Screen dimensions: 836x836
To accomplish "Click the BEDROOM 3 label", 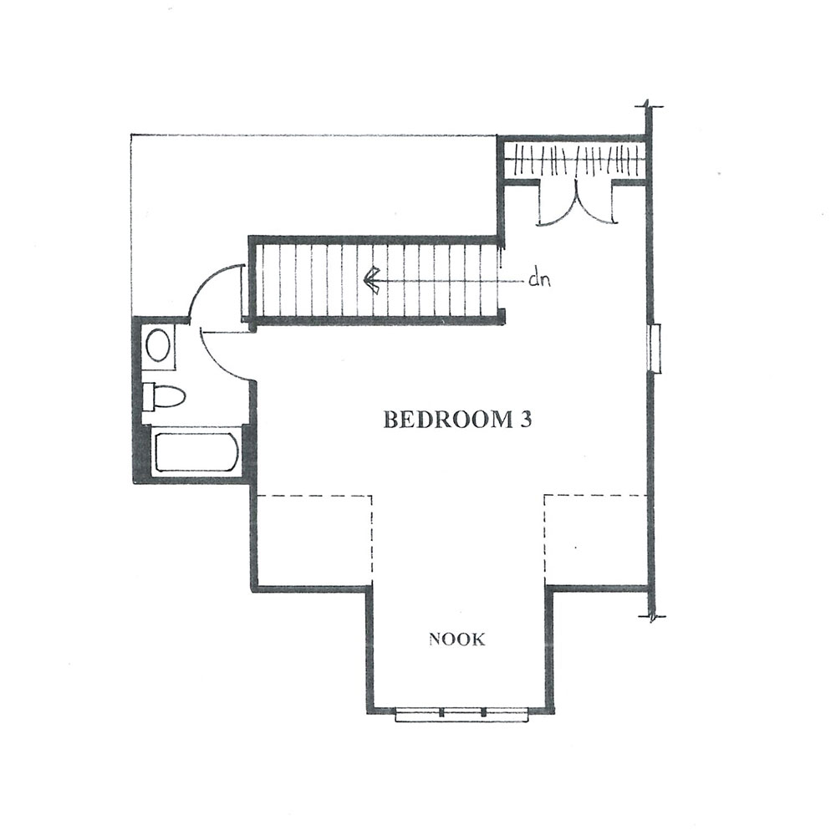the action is point(457,421).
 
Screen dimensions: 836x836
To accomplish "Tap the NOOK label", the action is point(457,640).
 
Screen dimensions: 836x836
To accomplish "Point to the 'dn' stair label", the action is point(539,279).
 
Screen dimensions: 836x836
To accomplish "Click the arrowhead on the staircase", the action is point(371,280).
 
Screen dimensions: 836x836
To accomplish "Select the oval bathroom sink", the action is point(158,346).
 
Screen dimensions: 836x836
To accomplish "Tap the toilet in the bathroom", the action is point(164,396).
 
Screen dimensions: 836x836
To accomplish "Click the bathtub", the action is point(195,452).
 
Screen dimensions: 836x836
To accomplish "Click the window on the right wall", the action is point(655,347).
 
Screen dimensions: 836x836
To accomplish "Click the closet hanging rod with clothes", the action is point(574,160).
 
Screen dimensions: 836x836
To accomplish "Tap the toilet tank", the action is point(148,396).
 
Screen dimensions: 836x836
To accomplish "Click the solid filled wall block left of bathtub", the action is point(140,453).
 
